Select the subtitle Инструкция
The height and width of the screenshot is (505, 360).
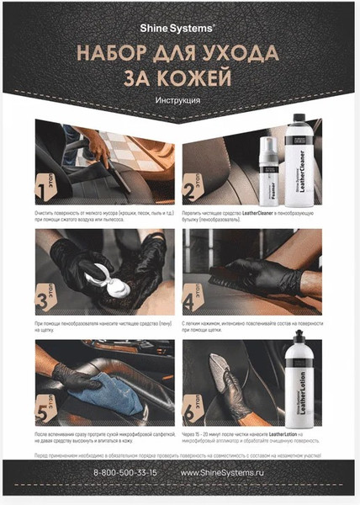[178, 102]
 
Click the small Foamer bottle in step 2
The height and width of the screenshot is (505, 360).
[273, 164]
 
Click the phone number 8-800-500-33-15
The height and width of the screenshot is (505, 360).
[125, 473]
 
